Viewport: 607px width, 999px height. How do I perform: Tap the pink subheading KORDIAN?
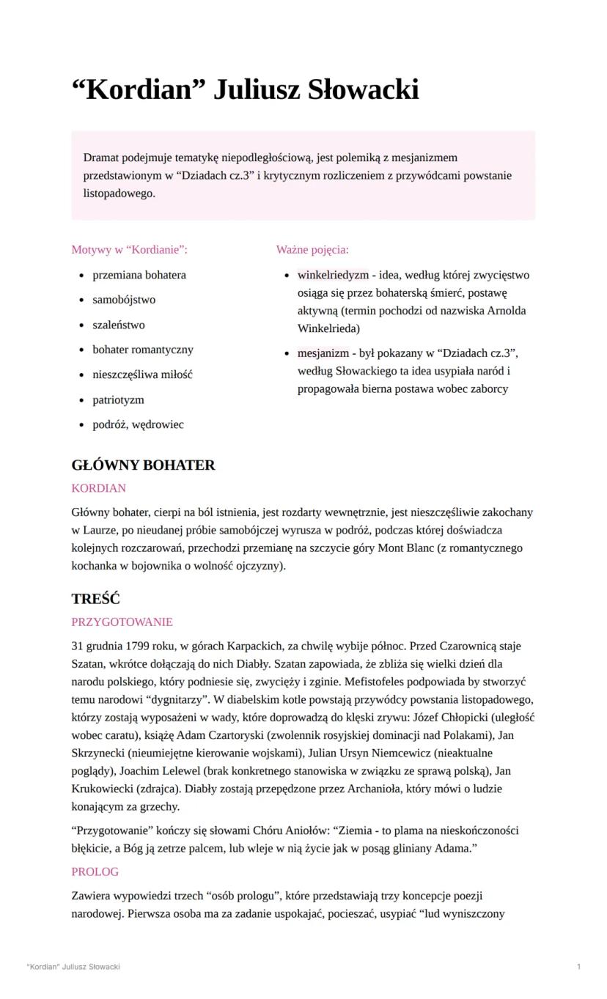[98, 488]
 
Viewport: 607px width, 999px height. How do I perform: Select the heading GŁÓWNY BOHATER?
[143, 465]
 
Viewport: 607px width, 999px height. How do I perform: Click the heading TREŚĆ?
[95, 599]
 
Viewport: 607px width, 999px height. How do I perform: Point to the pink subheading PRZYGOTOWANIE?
[122, 622]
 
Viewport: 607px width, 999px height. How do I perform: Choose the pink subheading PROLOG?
[95, 872]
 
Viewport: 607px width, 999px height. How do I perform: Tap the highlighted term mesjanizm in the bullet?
[323, 353]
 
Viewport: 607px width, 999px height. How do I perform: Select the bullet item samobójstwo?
[124, 300]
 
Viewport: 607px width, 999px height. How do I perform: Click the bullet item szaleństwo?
[119, 325]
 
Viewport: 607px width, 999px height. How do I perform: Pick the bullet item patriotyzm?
[118, 400]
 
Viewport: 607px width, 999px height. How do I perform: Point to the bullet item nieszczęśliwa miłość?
[142, 375]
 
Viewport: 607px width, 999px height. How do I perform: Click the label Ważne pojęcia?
[312, 250]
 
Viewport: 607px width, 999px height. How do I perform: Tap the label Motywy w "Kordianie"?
[130, 250]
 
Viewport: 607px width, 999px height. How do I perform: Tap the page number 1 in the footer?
[579, 967]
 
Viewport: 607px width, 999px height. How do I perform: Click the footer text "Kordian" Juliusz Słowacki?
[73, 967]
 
